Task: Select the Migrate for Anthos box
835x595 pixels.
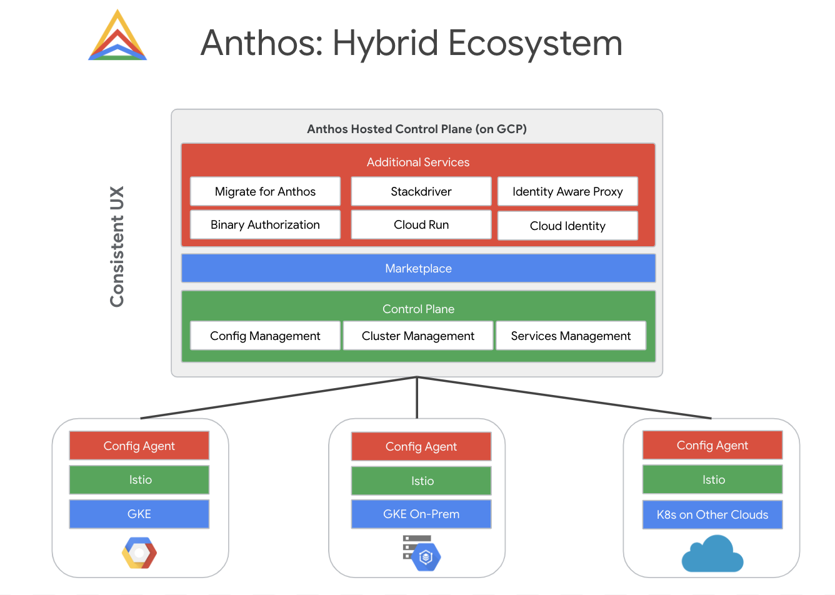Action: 265,191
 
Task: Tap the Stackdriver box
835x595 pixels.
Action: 421,191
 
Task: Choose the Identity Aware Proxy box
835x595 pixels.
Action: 567,191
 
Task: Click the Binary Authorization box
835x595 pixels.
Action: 265,224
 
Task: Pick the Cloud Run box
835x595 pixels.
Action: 421,224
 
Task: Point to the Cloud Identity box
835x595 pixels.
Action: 567,226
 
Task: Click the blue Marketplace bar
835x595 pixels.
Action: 418,268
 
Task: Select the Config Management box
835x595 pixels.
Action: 265,336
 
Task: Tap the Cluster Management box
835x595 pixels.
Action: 418,336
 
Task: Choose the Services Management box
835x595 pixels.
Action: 571,336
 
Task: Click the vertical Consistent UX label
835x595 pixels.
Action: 117,246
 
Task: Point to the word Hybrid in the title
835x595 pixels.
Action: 385,43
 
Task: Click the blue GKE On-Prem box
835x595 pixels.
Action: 421,514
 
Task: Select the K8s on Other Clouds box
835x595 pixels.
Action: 712,514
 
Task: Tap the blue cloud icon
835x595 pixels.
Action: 712,554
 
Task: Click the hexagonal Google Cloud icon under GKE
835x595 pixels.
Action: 139,553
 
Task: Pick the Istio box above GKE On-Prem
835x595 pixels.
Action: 421,481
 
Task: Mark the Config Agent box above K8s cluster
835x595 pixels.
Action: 712,445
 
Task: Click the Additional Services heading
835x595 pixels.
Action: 418,162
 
